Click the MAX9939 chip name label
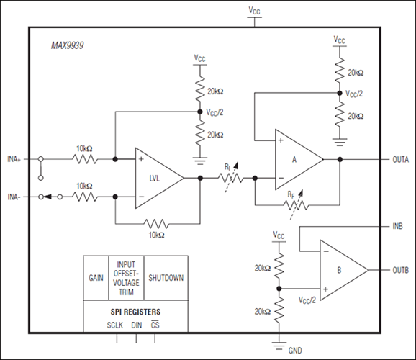coord(67,45)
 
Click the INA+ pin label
coord(18,158)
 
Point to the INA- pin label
coord(18,196)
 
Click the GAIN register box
coord(95,277)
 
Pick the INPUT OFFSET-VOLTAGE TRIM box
coord(125,277)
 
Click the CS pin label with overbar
coord(155,325)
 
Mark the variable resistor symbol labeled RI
coord(227,177)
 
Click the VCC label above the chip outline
coord(255,11)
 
